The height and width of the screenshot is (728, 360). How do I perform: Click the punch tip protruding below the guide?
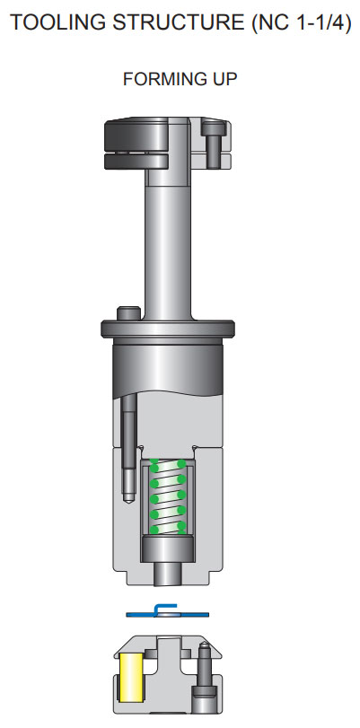tap(168, 572)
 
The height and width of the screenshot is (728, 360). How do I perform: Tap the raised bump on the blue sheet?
tap(166, 609)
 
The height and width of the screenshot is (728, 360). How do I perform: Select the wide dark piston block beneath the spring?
tap(168, 547)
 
